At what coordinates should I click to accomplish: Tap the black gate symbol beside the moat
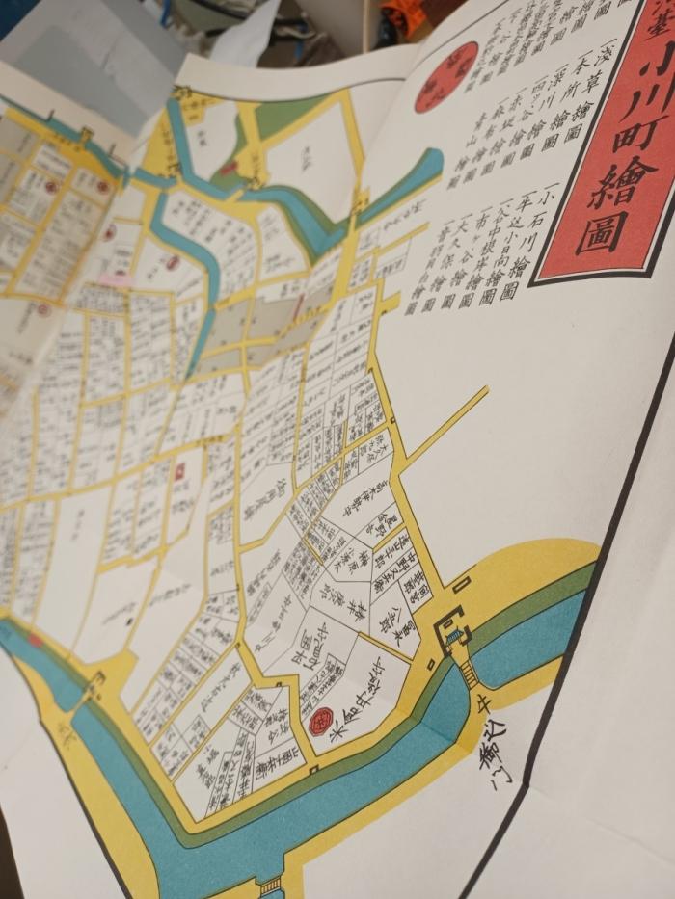tap(453, 630)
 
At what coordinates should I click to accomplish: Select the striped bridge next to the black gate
tap(470, 670)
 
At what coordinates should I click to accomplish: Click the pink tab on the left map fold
tap(115, 280)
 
